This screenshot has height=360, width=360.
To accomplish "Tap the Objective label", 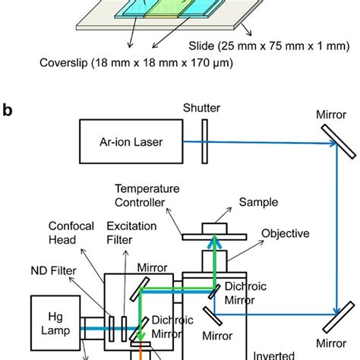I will point(285,233).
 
